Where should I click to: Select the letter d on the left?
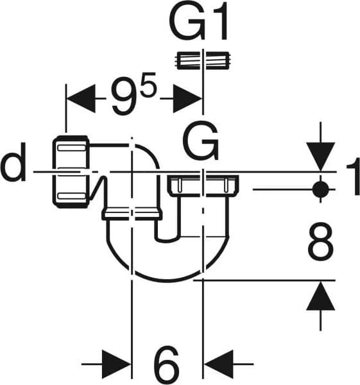[13, 162]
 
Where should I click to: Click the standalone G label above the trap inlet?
[200, 141]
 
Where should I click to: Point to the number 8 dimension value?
[320, 241]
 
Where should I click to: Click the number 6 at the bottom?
[166, 364]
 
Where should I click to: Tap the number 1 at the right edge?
[353, 176]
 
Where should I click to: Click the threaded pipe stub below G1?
[203, 60]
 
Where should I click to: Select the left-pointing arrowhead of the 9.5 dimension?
[81, 98]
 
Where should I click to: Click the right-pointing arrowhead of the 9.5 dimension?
[187, 98]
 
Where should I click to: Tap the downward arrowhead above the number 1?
[320, 157]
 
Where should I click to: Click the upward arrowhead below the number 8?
[320, 296]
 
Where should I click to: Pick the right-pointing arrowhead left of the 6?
[116, 364]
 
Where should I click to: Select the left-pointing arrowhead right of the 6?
[219, 364]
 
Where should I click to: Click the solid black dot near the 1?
[320, 189]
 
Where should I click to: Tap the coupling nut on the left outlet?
[71, 172]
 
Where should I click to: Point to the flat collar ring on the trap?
[132, 214]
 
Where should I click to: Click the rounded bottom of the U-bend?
[167, 280]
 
